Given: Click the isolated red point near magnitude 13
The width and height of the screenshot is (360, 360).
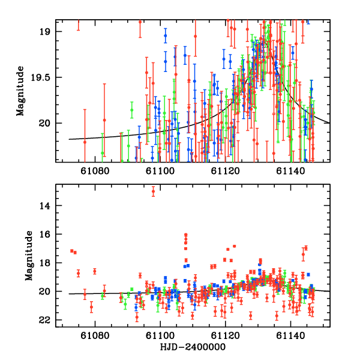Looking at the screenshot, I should point(153,191).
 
